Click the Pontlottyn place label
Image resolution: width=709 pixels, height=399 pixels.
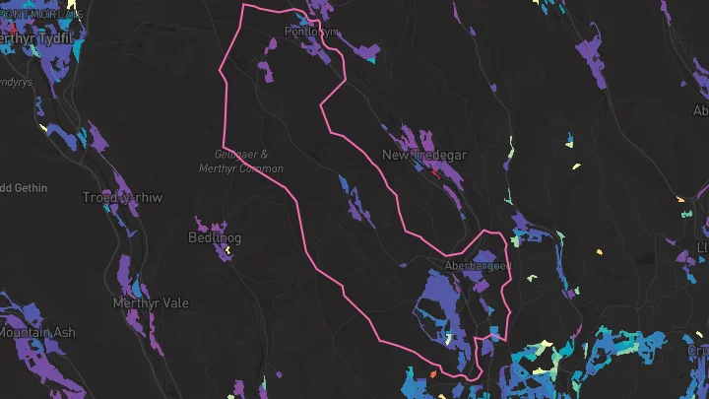coord(311,32)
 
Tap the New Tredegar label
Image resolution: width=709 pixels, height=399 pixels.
coord(423,156)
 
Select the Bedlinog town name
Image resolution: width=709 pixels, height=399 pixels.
coord(215,237)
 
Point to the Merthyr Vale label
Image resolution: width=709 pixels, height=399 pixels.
coord(151,302)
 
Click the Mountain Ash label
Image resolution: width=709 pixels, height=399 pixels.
coord(36,333)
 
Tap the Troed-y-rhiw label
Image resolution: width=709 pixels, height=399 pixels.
coord(122,197)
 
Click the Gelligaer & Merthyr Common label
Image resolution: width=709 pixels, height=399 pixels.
coord(249,162)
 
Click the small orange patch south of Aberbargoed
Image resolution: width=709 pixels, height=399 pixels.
coord(431,373)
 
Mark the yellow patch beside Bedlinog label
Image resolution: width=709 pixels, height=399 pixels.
coord(227,250)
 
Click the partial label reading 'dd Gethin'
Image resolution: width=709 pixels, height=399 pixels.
coord(20,185)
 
